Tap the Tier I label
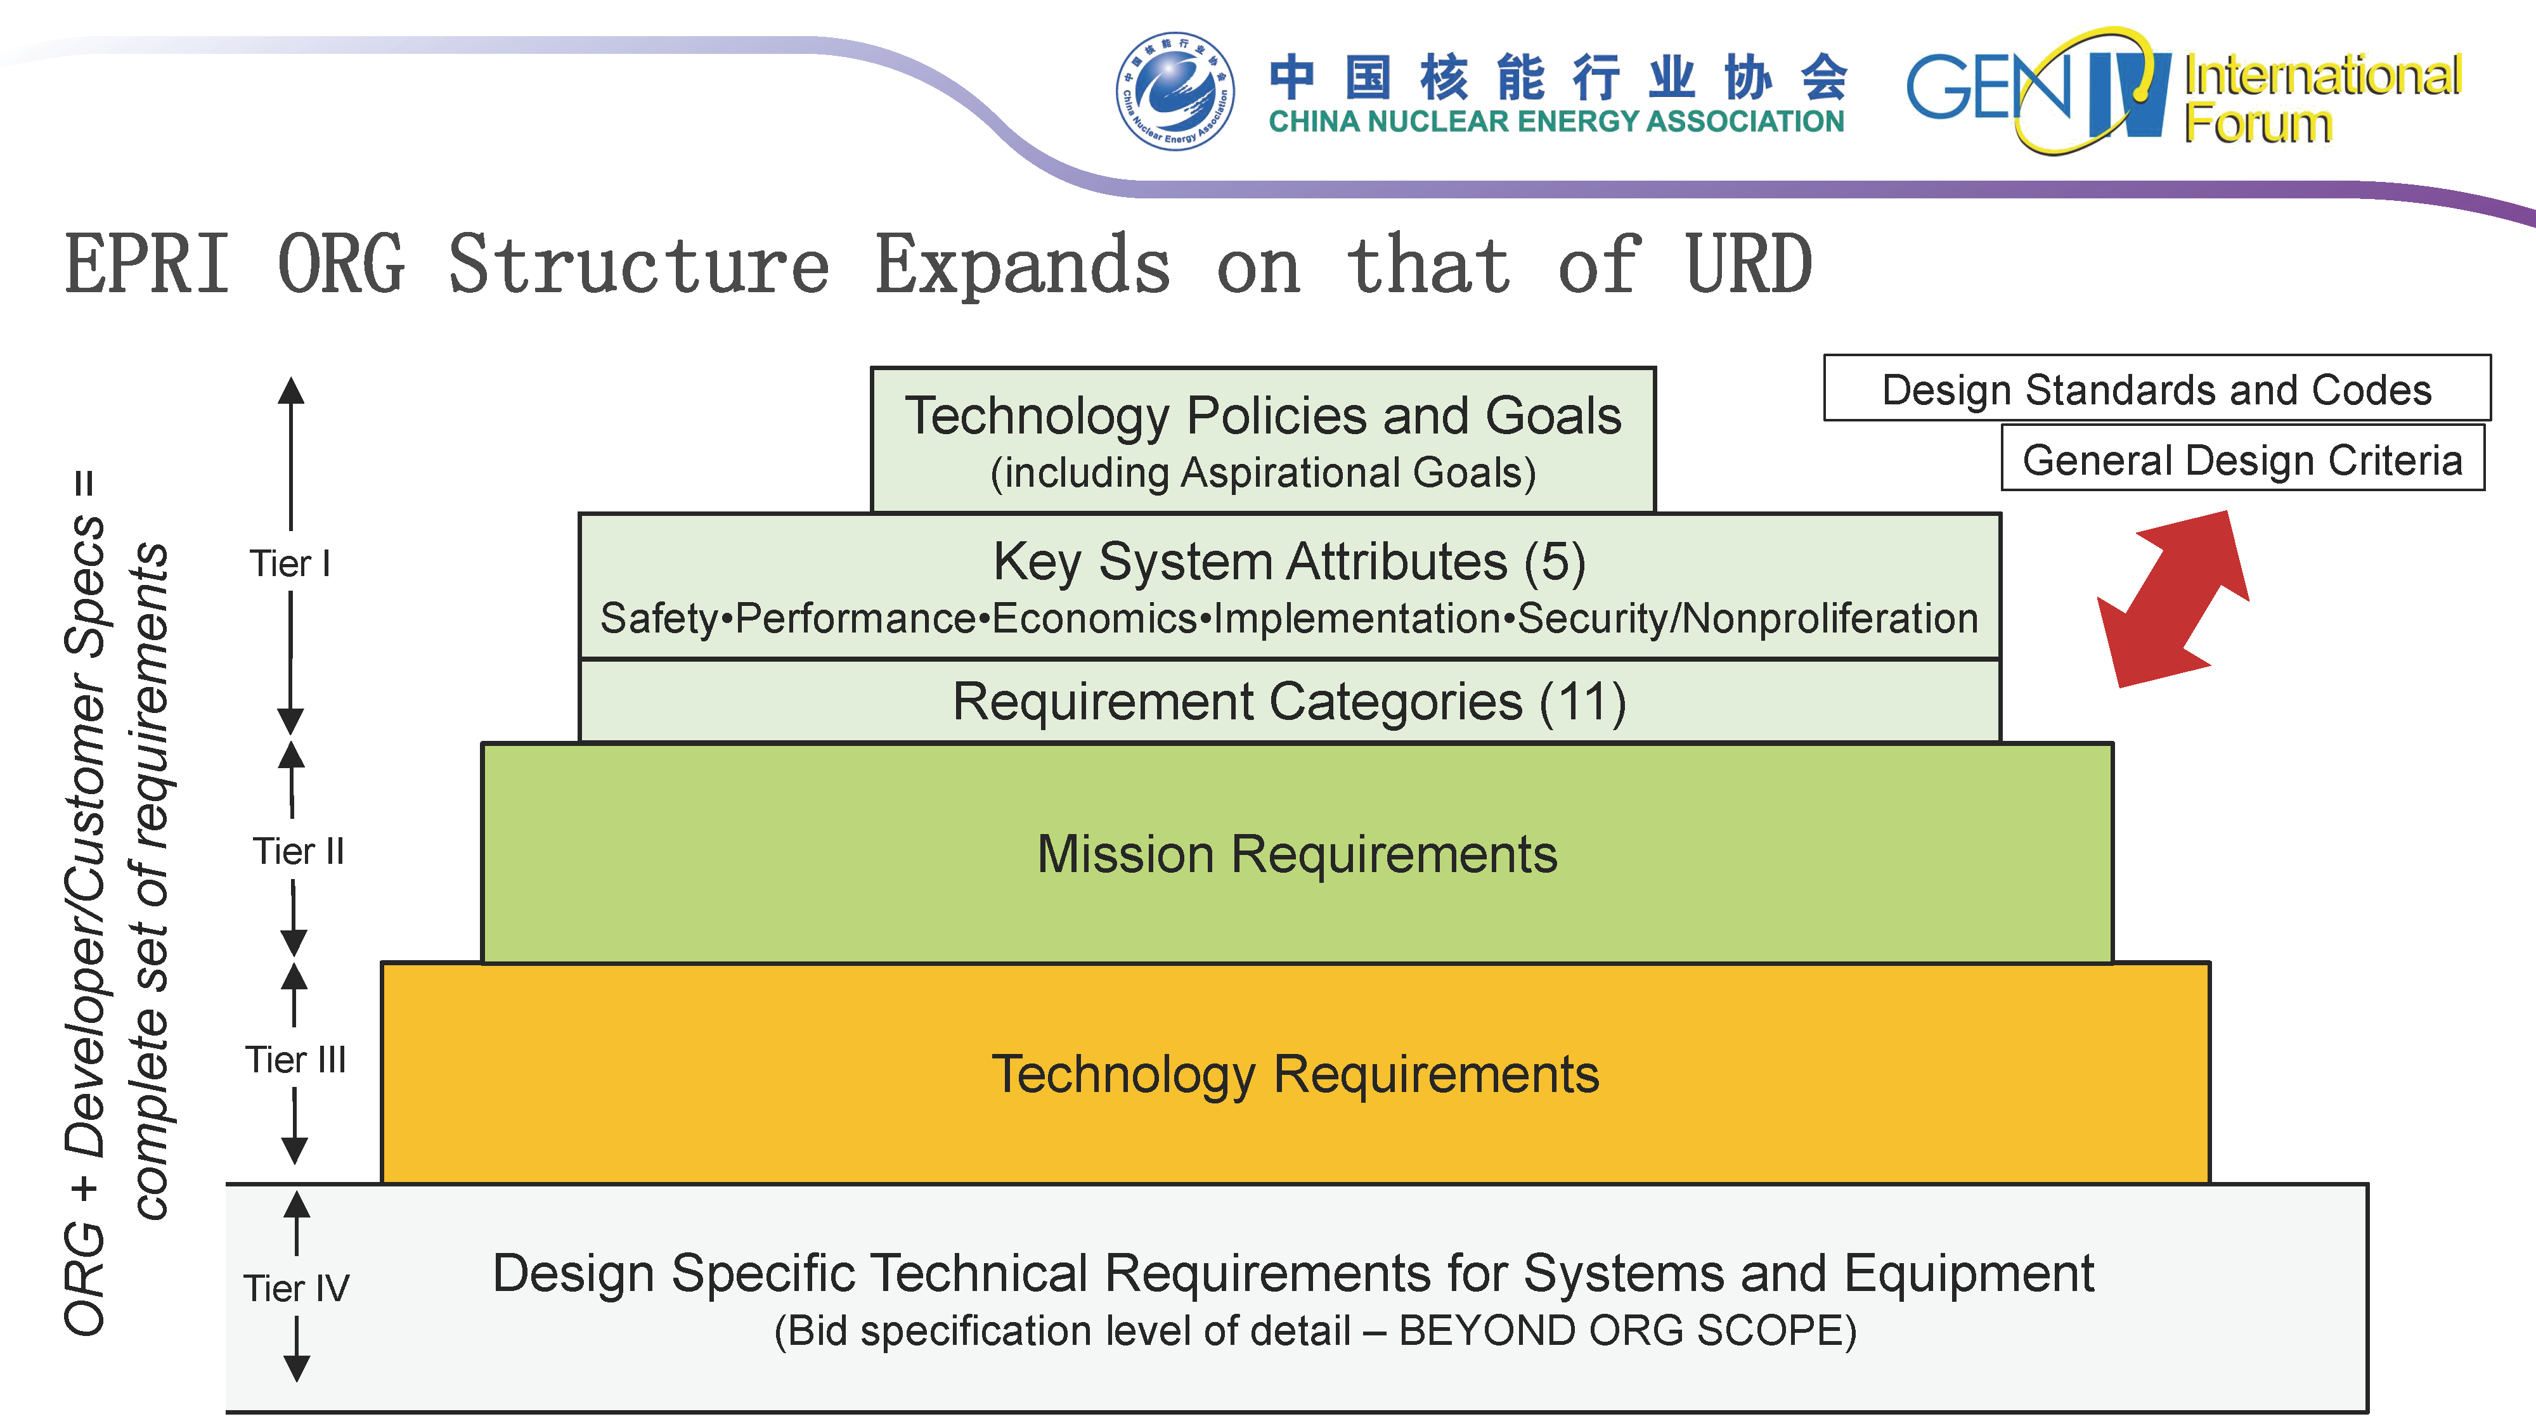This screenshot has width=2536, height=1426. [290, 564]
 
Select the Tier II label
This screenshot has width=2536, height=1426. [298, 851]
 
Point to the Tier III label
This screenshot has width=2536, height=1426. [295, 1060]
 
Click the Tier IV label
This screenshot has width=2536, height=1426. [296, 1288]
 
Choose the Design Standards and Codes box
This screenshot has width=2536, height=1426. [2156, 390]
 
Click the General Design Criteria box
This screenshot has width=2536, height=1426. [2242, 459]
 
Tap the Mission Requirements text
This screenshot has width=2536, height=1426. [1297, 854]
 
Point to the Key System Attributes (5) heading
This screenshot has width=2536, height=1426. [1289, 562]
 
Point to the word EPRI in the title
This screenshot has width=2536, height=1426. [148, 266]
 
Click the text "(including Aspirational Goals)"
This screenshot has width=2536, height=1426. [1263, 473]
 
